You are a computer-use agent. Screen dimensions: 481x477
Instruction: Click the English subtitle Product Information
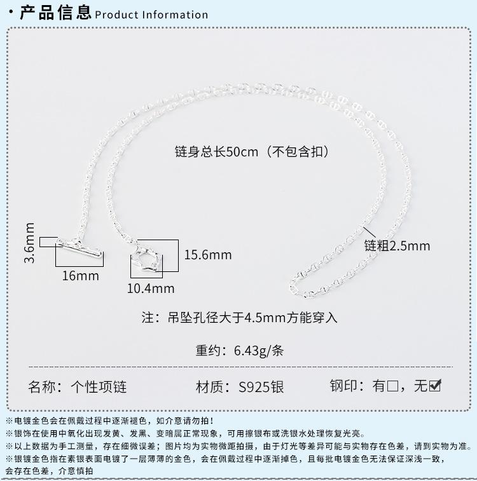pyautogui.click(x=151, y=15)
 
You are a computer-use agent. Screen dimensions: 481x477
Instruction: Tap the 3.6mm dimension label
pyautogui.click(x=29, y=242)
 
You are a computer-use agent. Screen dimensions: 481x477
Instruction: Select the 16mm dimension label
pyautogui.click(x=81, y=276)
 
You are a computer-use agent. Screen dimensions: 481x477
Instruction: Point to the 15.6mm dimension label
pyautogui.click(x=208, y=255)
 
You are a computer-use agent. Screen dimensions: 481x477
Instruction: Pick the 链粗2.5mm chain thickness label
pyautogui.click(x=397, y=246)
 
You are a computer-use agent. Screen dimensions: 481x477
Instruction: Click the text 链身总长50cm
pyautogui.click(x=216, y=152)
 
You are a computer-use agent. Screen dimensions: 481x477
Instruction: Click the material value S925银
pyautogui.click(x=261, y=387)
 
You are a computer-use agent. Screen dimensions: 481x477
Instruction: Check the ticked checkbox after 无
pyautogui.click(x=435, y=386)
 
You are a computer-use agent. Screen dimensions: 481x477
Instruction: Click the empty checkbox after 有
pyautogui.click(x=392, y=386)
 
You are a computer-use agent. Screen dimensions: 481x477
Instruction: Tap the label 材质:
pyautogui.click(x=214, y=387)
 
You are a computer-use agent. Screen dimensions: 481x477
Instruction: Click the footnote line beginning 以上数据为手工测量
pyautogui.click(x=242, y=446)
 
